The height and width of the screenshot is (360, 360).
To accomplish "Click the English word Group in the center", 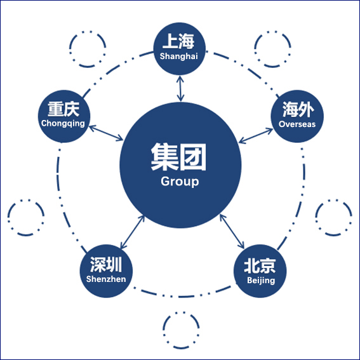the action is click(x=180, y=182).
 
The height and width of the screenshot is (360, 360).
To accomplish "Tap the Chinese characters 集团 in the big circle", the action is click(x=178, y=157).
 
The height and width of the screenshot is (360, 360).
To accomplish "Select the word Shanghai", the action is click(x=179, y=57).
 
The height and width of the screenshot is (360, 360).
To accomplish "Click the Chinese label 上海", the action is click(x=178, y=41).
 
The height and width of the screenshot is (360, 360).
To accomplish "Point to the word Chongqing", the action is click(x=63, y=124).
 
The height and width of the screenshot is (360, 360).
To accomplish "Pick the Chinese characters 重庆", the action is click(x=63, y=109).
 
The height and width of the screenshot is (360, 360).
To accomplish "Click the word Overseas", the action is click(x=297, y=124).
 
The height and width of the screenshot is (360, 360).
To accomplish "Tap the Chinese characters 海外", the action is click(x=298, y=109).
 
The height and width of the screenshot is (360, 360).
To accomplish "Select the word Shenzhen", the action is click(x=106, y=279).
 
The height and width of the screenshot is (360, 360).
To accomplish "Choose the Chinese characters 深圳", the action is click(x=106, y=265).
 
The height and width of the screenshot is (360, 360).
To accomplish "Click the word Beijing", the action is click(x=261, y=281).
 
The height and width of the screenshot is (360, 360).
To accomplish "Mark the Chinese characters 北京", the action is click(x=260, y=266).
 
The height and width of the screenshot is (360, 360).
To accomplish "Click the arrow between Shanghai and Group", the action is click(x=180, y=89).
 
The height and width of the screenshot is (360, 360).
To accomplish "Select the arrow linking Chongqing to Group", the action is click(x=106, y=133).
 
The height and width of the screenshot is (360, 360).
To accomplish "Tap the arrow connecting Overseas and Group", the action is click(x=256, y=136).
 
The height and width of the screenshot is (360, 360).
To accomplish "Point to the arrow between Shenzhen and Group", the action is click(x=133, y=232).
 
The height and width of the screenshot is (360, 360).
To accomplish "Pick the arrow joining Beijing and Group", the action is click(x=232, y=231).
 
